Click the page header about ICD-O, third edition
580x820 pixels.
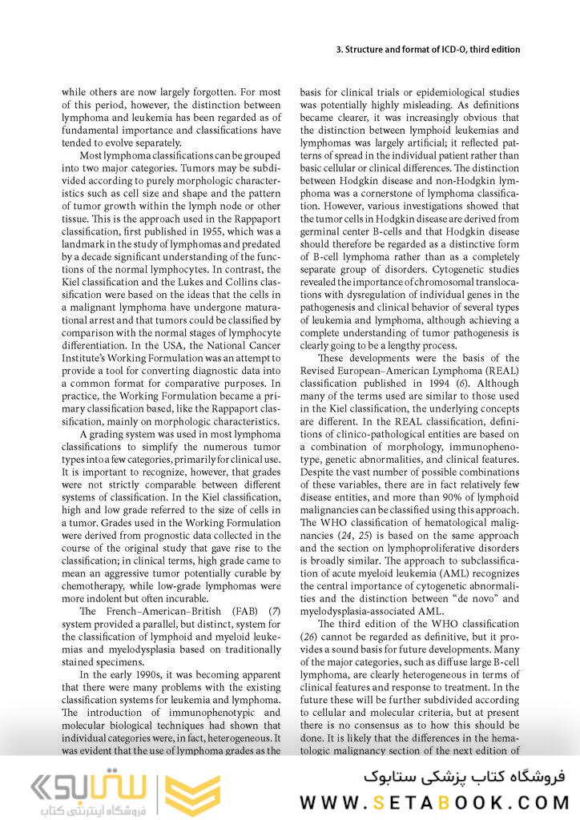(x=428, y=50)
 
